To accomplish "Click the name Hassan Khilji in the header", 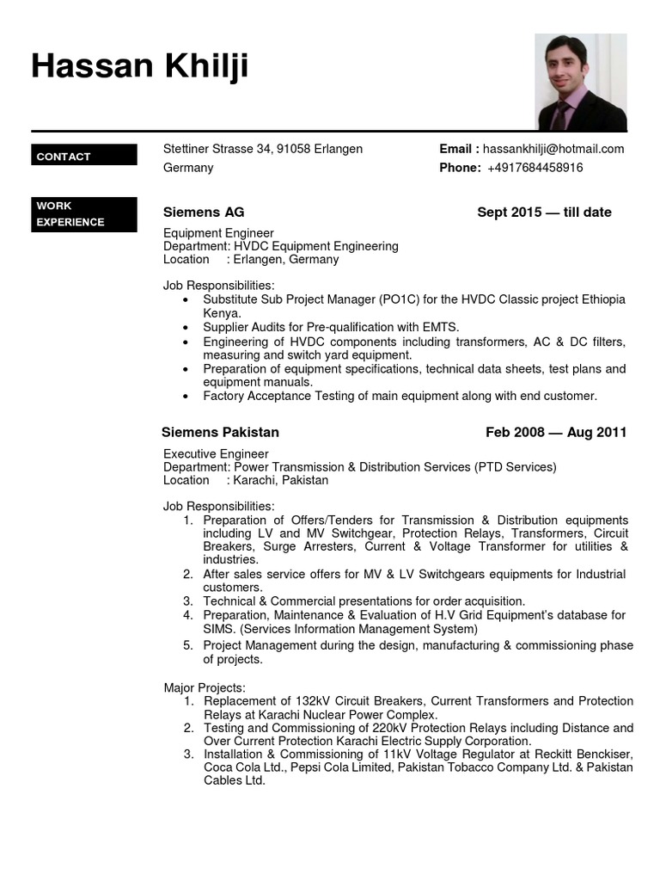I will click(x=140, y=65).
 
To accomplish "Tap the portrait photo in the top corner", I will click(x=581, y=82).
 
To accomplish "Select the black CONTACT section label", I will click(x=83, y=156).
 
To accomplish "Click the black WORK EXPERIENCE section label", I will click(x=83, y=214).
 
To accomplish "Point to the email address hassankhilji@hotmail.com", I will click(x=553, y=149).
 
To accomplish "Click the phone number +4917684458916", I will click(x=535, y=168).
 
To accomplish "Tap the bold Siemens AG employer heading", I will click(x=204, y=213).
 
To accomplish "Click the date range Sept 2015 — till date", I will click(x=544, y=213).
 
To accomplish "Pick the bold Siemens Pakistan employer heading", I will click(x=221, y=433).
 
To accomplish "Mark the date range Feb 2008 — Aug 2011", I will click(x=556, y=433).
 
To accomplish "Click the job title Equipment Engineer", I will click(x=218, y=233).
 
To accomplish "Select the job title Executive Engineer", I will click(x=216, y=454).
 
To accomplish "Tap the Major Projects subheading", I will click(x=205, y=687).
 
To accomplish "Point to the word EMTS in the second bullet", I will click(x=439, y=327).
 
